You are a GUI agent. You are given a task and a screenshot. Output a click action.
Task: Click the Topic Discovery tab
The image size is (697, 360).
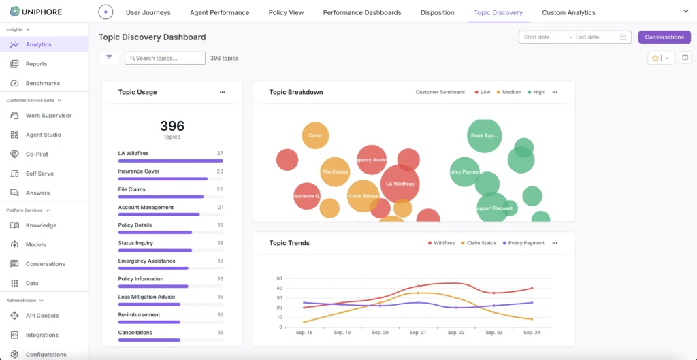point(498,12)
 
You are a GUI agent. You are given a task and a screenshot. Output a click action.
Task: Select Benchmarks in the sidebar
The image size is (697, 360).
point(43,83)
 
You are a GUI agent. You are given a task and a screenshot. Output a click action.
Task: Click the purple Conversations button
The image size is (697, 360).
point(664,37)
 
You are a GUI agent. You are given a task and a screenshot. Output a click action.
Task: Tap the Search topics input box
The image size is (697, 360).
point(165,58)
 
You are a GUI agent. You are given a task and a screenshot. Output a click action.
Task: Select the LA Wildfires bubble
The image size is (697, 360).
point(400,184)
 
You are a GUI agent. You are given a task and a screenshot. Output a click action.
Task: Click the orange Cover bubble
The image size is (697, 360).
point(315,135)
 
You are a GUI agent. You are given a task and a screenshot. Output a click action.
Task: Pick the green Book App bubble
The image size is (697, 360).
point(485,135)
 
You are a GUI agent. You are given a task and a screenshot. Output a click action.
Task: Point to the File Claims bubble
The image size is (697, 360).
point(335,172)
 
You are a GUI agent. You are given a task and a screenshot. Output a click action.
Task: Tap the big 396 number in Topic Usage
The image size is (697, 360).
point(172,126)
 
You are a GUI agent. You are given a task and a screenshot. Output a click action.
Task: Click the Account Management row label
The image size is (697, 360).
point(146,207)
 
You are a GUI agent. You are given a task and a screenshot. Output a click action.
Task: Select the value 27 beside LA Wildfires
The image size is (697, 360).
point(220,153)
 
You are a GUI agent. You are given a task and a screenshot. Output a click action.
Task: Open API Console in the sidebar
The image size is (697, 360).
point(42,316)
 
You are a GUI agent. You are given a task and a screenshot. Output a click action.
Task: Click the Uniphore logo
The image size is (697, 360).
point(38,12)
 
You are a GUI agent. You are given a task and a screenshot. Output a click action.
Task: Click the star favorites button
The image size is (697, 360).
point(655,59)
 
